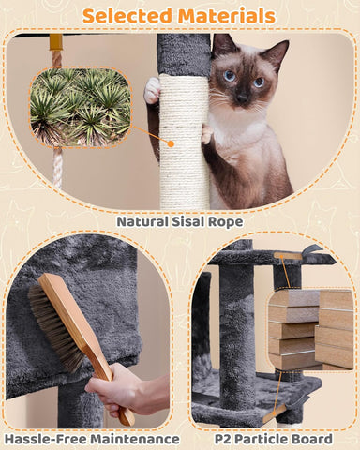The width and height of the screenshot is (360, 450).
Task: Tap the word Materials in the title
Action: tap(226, 15)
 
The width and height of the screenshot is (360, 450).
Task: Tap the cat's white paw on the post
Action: tap(153, 91)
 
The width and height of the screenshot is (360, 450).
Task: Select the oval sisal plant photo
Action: tap(79, 105)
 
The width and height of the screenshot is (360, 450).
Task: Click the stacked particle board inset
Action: tap(308, 328)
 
